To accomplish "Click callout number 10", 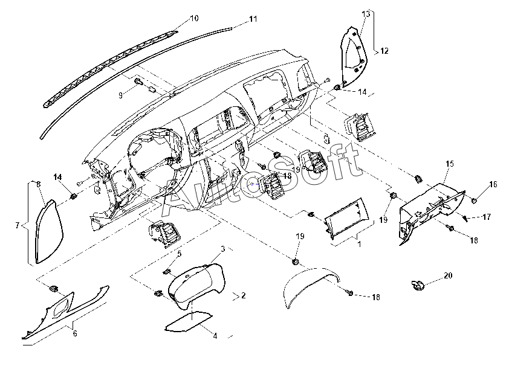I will [193, 18].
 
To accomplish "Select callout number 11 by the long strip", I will [253, 19].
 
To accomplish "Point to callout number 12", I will [384, 52].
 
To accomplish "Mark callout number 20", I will [448, 275].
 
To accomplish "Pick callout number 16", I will [493, 184].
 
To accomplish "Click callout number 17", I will [487, 216].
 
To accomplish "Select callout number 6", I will [74, 333].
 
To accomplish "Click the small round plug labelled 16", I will [475, 199].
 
